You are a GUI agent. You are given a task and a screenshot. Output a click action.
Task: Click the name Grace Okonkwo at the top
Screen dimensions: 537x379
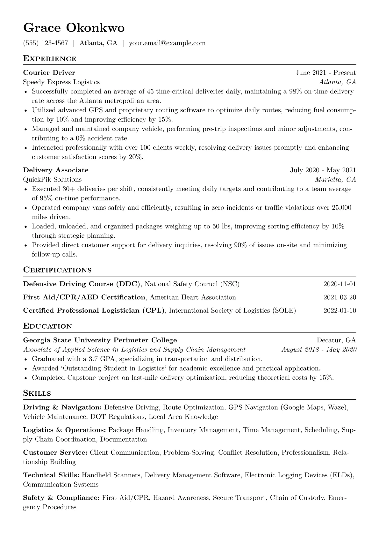(74, 28)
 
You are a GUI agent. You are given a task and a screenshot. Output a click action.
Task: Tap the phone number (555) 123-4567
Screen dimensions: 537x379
(46, 43)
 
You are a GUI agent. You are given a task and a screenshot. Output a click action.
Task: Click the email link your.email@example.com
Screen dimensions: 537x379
(167, 43)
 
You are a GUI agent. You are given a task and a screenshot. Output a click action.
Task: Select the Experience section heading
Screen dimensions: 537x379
(50, 59)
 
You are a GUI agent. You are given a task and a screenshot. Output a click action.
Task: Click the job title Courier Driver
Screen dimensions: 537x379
(49, 73)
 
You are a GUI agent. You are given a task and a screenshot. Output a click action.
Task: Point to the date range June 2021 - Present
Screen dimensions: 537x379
(325, 73)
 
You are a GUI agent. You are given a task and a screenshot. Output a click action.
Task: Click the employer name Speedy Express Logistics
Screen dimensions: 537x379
(61, 82)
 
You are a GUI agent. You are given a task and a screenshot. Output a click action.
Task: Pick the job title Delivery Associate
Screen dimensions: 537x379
(56, 170)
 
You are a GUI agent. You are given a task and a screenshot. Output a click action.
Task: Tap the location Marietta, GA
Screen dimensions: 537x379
(335, 179)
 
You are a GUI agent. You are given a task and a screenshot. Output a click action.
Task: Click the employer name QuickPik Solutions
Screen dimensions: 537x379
(52, 179)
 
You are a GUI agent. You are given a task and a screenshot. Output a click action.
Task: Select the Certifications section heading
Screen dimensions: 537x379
(57, 270)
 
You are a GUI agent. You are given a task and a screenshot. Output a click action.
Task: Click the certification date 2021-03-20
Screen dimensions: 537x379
(340, 297)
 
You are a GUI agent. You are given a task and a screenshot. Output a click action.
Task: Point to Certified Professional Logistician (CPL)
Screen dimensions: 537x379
(94, 310)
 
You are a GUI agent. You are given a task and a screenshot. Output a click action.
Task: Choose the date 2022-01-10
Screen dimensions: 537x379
(340, 310)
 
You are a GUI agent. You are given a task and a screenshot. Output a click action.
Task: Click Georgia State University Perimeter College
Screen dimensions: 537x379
(100, 340)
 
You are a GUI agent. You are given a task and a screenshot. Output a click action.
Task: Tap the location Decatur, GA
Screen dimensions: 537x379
(336, 340)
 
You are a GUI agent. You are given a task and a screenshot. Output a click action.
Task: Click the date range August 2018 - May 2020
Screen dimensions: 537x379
(319, 349)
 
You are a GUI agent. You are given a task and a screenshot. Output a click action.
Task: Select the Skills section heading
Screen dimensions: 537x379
(37, 393)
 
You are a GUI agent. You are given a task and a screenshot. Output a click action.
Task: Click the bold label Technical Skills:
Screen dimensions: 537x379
(51, 475)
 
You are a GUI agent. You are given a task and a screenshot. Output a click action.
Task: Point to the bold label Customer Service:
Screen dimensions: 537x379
(55, 452)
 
